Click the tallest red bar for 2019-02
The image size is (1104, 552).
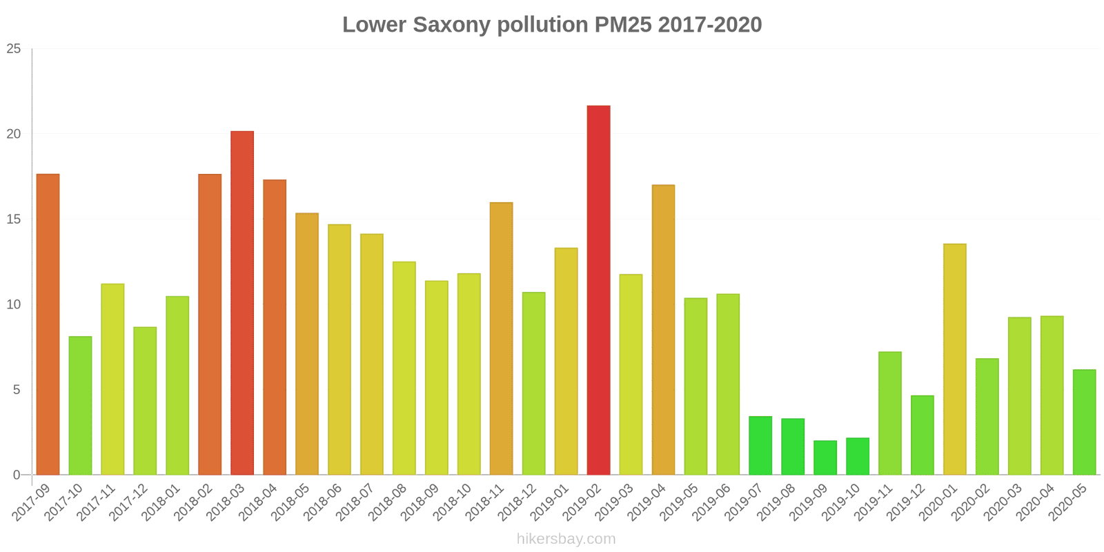598,290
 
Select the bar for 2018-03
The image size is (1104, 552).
242,303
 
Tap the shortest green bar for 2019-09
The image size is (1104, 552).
825,457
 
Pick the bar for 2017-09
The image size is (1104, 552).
48,324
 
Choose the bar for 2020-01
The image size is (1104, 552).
954,359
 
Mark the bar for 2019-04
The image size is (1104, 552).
663,330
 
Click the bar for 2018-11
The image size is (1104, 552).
501,338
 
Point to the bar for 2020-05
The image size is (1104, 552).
1084,422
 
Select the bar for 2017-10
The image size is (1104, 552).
80,406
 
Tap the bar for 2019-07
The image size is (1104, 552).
760,446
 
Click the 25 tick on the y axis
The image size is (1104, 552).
14,49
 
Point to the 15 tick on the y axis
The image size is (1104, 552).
14,219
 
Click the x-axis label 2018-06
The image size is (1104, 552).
322,502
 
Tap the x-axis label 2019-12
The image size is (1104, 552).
905,502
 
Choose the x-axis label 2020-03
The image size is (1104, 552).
1003,502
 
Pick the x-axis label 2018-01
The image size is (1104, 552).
161,502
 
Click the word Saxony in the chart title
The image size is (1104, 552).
451,25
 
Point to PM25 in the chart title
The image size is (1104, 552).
623,25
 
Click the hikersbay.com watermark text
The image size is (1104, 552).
566,539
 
